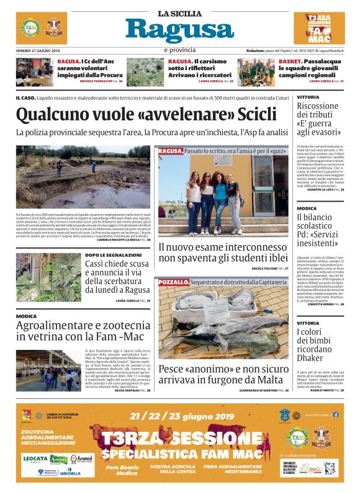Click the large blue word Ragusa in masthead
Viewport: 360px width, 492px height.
tap(179, 30)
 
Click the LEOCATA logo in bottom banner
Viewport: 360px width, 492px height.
tap(36, 458)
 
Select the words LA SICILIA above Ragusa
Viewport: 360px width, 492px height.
tap(179, 14)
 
